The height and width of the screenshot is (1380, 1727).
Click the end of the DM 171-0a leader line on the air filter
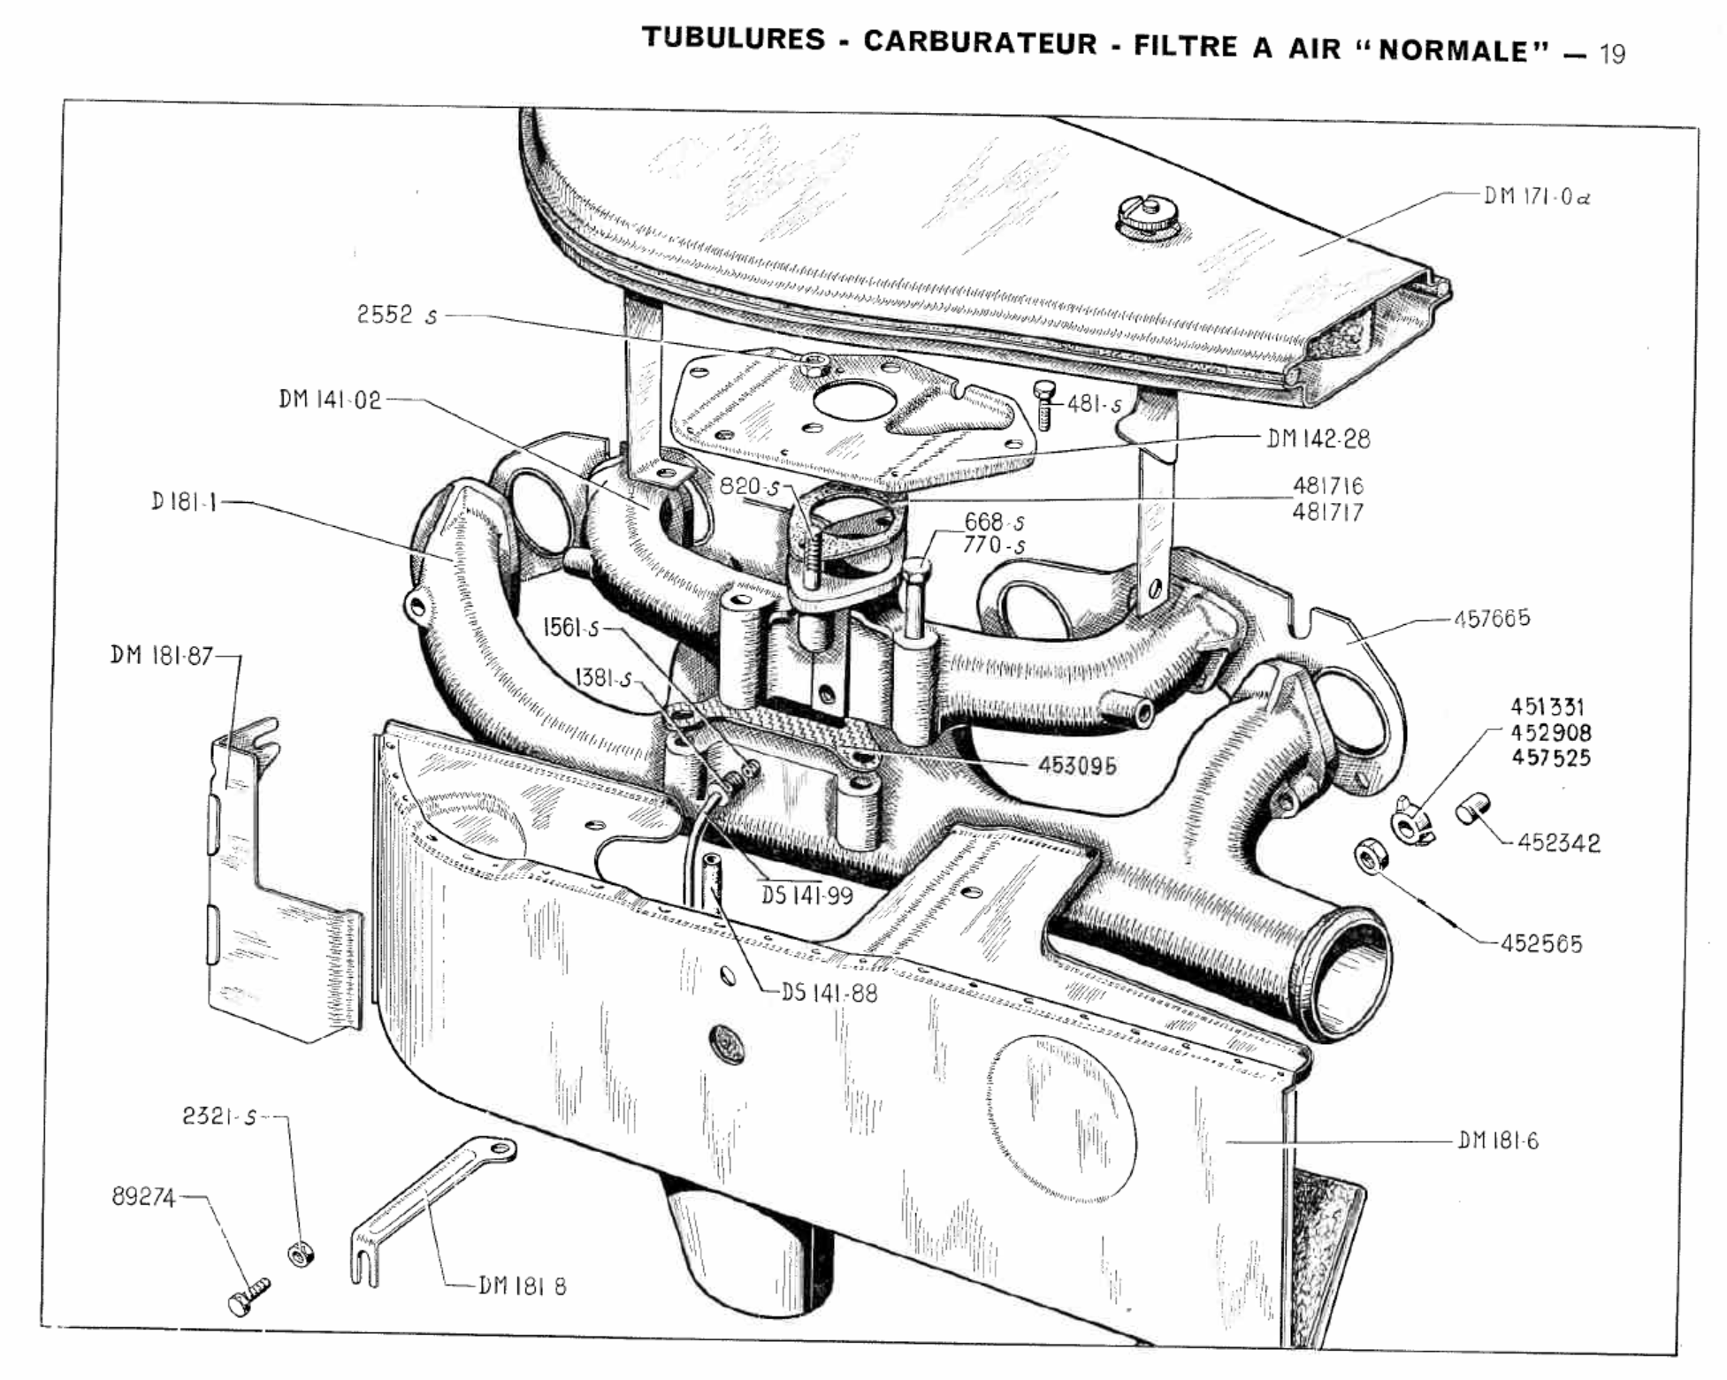pyautogui.click(x=1301, y=255)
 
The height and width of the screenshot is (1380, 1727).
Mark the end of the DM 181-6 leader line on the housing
pyautogui.click(x=1226, y=1141)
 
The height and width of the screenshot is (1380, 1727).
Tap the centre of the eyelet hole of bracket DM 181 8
pyautogui.click(x=501, y=1149)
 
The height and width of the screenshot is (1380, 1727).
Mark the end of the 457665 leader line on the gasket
pyautogui.click(x=1348, y=644)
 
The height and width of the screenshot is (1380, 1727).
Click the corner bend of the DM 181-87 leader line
pyautogui.click(x=240, y=656)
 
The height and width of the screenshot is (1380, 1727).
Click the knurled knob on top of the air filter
pyautogui.click(x=1147, y=217)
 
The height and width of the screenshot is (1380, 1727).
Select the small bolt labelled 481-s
pyautogui.click(x=1045, y=406)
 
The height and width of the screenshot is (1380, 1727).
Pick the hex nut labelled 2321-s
pyautogui.click(x=301, y=1253)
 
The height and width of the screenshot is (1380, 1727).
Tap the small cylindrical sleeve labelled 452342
pyautogui.click(x=1472, y=808)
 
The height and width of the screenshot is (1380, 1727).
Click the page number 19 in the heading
pyautogui.click(x=1611, y=54)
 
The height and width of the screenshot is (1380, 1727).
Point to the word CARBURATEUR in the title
pyautogui.click(x=980, y=42)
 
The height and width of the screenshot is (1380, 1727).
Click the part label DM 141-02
pyautogui.click(x=330, y=400)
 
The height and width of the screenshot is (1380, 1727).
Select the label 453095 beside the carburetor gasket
pyautogui.click(x=1077, y=766)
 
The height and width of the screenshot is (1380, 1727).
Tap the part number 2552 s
pyautogui.click(x=397, y=315)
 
